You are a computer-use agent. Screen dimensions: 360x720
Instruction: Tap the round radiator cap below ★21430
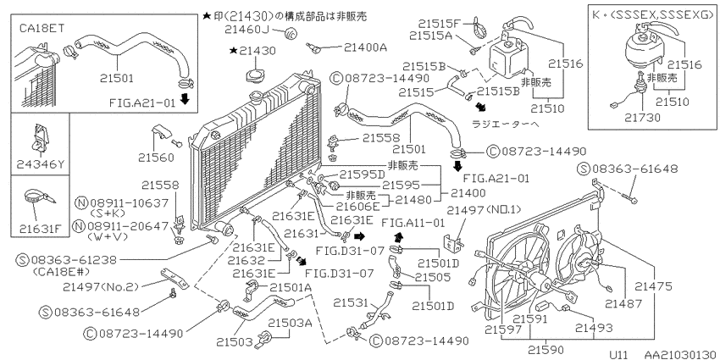(x=255, y=76)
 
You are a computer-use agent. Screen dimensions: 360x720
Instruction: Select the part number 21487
(x=623, y=301)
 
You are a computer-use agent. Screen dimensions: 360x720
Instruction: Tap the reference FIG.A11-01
(x=413, y=224)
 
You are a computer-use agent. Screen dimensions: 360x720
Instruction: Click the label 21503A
(x=291, y=323)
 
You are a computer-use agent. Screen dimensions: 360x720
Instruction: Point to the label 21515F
(x=434, y=24)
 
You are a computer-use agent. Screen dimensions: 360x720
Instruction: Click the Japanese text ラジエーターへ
(x=527, y=123)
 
